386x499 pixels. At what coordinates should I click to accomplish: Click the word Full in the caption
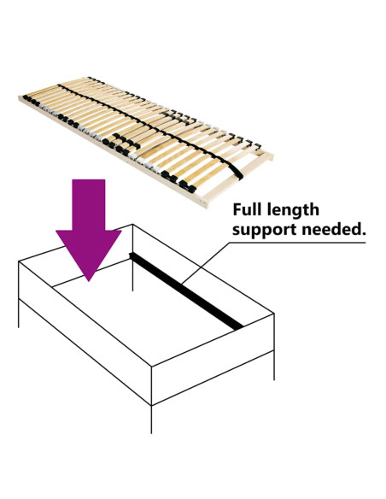(247, 209)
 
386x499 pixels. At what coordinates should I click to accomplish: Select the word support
(264, 230)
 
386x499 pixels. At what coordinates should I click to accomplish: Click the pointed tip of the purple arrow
(89, 281)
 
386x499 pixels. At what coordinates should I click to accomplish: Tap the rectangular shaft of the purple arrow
(89, 205)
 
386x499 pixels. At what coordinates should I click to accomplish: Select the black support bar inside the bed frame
(186, 291)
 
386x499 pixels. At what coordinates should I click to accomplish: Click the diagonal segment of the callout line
(206, 263)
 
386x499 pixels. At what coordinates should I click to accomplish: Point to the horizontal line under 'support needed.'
(297, 243)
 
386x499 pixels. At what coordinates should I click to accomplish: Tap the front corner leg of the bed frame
(151, 420)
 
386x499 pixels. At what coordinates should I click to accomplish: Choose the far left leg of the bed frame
(19, 314)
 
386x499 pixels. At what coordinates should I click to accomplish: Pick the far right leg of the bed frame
(274, 366)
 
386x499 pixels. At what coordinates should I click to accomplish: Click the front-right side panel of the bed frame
(213, 359)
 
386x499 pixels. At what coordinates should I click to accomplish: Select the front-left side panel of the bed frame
(85, 333)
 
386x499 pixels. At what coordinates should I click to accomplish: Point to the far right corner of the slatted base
(272, 156)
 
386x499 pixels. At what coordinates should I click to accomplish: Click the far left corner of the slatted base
(20, 97)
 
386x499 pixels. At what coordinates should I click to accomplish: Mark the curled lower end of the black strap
(237, 173)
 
